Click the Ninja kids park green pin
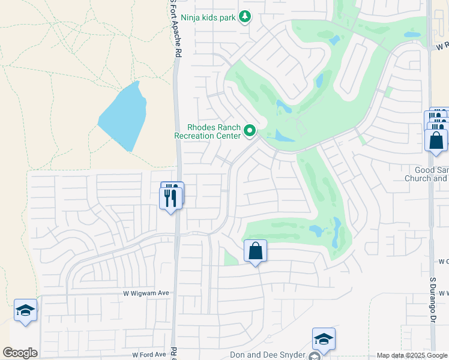click(244, 17)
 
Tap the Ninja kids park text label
click(208, 17)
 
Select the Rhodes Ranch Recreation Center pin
click(250, 130)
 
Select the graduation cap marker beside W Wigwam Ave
click(25, 310)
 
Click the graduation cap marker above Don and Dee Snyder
click(323, 339)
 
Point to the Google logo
click(20, 353)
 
